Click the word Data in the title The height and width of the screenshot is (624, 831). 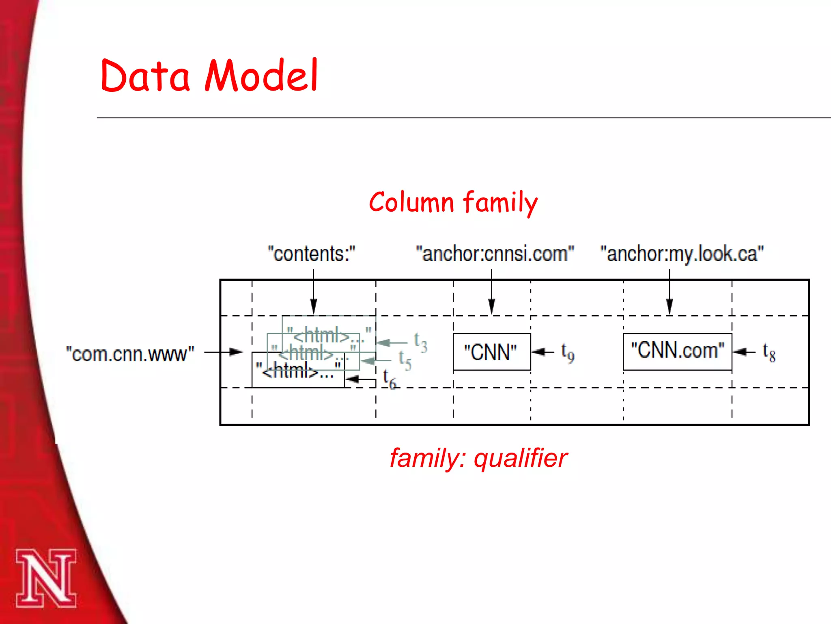tap(145, 76)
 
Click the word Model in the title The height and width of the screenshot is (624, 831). tap(262, 76)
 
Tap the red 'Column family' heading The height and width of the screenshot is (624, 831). tap(453, 202)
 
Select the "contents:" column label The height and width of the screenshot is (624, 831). tap(311, 254)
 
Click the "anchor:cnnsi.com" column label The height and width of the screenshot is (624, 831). tap(495, 254)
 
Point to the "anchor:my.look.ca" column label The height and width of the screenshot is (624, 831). tap(682, 254)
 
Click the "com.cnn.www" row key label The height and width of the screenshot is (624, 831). tap(130, 354)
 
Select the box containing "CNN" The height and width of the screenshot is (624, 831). tap(491, 352)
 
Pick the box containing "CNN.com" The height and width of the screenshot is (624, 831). tap(677, 351)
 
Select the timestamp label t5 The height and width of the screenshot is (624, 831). tap(405, 360)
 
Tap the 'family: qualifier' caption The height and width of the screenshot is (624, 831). tap(478, 458)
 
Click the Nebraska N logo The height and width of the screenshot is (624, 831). tap(46, 578)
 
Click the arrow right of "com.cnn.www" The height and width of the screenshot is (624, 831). tap(223, 352)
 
